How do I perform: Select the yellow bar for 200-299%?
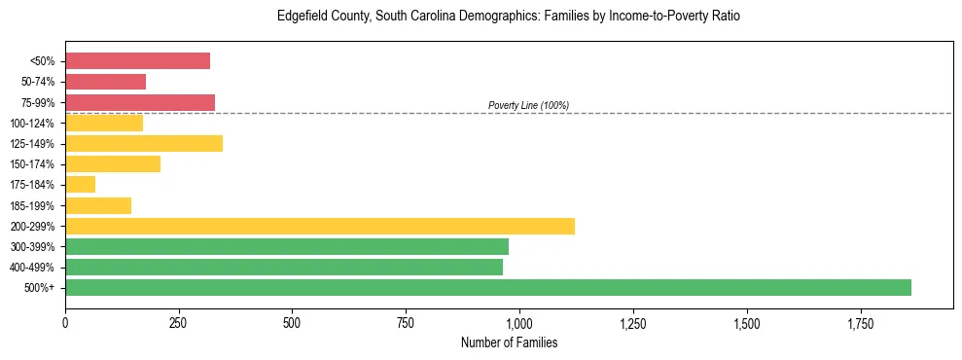[320, 226]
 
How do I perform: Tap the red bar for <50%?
[137, 61]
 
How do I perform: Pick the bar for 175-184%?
[80, 185]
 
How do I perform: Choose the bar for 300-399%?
[287, 246]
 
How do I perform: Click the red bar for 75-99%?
[140, 102]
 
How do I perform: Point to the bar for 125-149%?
[144, 143]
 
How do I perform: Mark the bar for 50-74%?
[105, 82]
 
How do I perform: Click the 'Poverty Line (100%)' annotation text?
[528, 105]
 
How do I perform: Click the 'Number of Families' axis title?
[509, 342]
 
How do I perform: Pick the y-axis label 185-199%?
[33, 205]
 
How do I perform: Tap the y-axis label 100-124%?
[33, 123]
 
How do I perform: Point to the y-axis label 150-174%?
[33, 164]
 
